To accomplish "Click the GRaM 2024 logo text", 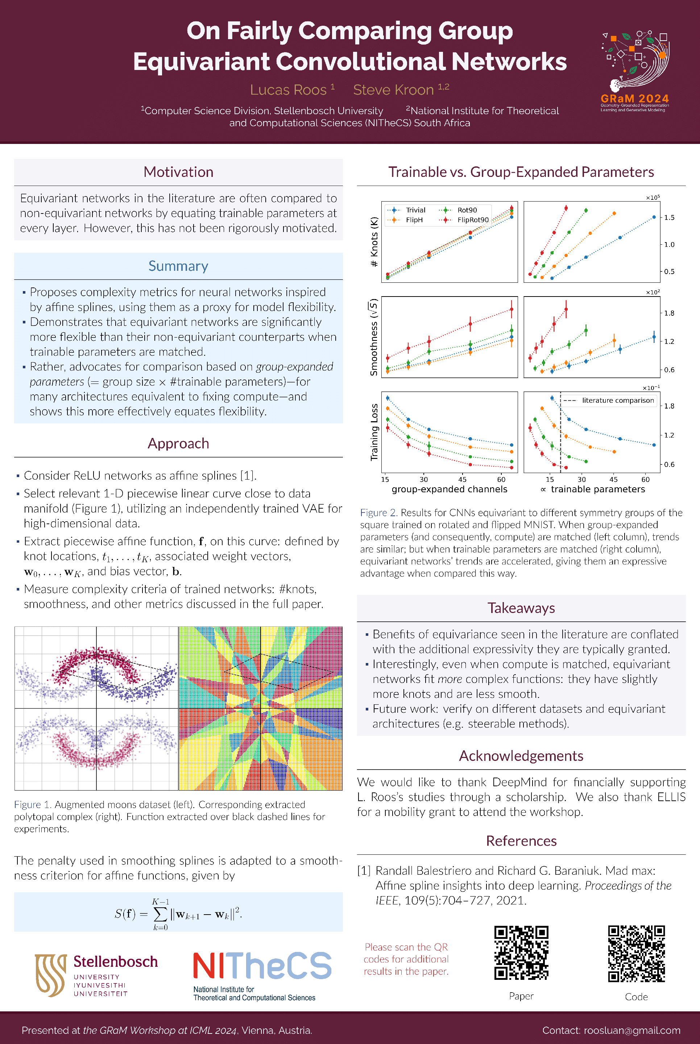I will click(x=634, y=98).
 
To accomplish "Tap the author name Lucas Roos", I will click(x=289, y=90).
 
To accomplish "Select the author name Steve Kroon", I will click(x=393, y=90).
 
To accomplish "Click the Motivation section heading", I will click(x=178, y=172).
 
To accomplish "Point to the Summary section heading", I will click(x=178, y=266).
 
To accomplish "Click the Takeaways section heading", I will click(x=521, y=608).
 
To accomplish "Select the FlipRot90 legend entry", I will click(x=472, y=220).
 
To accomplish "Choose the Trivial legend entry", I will click(x=415, y=210).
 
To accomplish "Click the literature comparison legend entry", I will click(x=617, y=400).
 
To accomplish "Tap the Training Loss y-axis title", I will click(x=374, y=432).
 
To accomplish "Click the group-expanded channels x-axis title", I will click(x=449, y=489).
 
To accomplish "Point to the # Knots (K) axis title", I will click(x=374, y=241).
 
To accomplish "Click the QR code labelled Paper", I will click(x=521, y=953).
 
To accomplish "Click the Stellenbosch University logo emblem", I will click(x=50, y=975).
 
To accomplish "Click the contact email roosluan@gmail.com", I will click(x=632, y=1030).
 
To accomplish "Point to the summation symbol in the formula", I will click(x=160, y=914).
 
